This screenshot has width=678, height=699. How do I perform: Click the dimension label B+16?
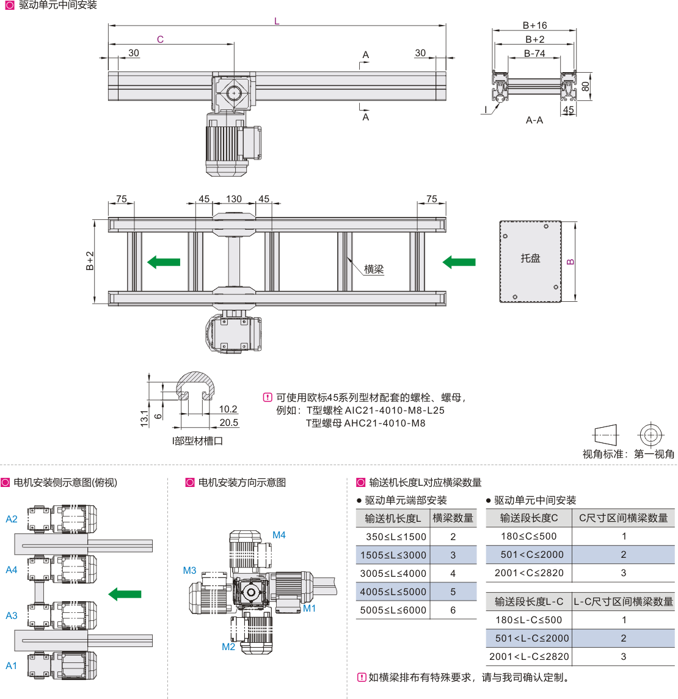534,26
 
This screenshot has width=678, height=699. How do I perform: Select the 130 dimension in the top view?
234,199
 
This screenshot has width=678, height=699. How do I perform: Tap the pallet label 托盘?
530,258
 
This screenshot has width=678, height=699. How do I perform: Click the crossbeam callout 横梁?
374,269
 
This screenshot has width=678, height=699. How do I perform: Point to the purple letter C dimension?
160,40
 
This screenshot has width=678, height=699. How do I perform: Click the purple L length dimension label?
277,21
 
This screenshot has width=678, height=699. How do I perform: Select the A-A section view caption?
534,120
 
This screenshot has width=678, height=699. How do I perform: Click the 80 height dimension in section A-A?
586,87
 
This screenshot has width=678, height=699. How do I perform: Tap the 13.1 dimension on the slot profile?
144,418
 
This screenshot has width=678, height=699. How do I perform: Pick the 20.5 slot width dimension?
228,423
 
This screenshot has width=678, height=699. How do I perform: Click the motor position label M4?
279,535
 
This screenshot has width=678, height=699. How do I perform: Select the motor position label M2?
228,647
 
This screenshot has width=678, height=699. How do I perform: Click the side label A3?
12,616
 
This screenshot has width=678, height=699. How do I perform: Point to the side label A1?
12,666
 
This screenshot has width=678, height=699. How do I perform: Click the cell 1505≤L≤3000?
393,555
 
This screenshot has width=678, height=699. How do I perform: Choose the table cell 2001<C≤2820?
529,573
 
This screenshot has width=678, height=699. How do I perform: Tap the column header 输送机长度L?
393,519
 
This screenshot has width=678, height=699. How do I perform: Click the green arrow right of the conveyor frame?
459,262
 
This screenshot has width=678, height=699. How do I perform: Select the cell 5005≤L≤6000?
393,610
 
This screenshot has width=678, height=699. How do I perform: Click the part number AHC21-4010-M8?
385,423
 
